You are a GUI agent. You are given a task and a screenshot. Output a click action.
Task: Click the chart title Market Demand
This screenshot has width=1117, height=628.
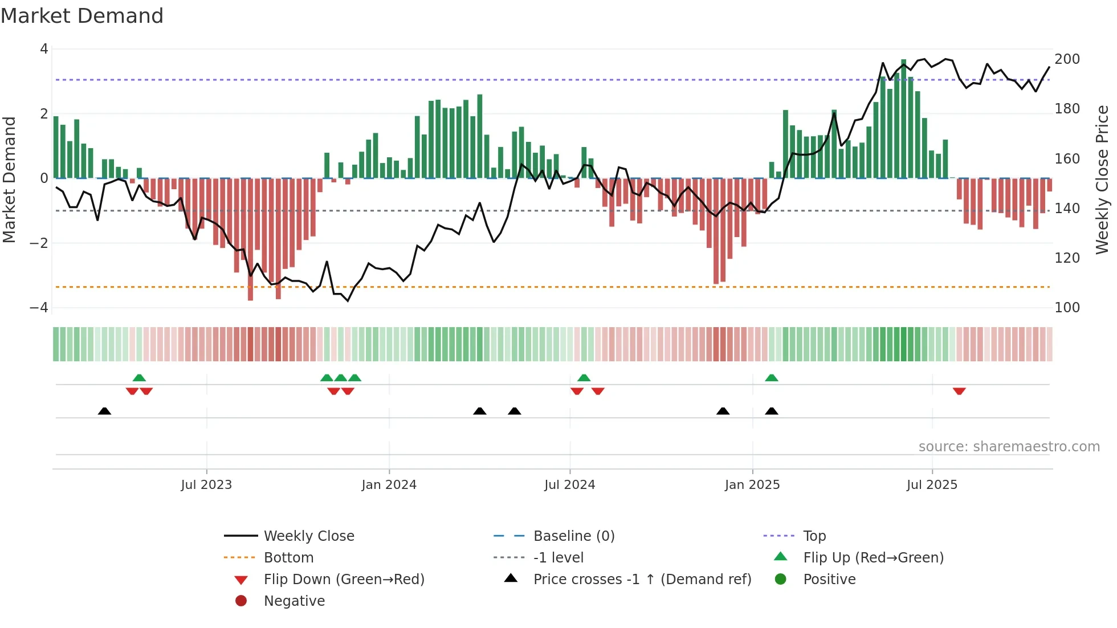click(x=82, y=16)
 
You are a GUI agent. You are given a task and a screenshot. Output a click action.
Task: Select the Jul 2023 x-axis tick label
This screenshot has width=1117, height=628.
click(x=206, y=485)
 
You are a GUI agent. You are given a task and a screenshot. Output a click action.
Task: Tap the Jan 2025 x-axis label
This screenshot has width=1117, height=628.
click(x=752, y=485)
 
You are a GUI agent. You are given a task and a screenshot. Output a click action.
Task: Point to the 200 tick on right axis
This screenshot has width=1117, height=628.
click(x=1067, y=59)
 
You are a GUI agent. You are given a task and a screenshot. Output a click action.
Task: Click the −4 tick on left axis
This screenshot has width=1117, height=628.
click(x=39, y=308)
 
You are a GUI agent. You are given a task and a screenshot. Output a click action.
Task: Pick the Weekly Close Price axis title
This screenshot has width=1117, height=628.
click(x=1102, y=180)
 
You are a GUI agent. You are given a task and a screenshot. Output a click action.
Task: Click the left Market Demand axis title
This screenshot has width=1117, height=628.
click(x=10, y=180)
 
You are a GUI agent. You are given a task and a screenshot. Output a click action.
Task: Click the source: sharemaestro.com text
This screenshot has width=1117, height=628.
click(x=1009, y=447)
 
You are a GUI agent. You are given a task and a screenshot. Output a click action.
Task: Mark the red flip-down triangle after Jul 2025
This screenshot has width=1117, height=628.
click(x=959, y=391)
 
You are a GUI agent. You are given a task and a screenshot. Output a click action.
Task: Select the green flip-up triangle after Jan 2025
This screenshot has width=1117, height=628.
click(x=772, y=378)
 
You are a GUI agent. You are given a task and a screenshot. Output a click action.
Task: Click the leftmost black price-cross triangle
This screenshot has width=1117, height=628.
click(x=104, y=411)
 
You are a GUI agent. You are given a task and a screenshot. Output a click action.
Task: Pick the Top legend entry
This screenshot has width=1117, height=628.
click(x=814, y=536)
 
